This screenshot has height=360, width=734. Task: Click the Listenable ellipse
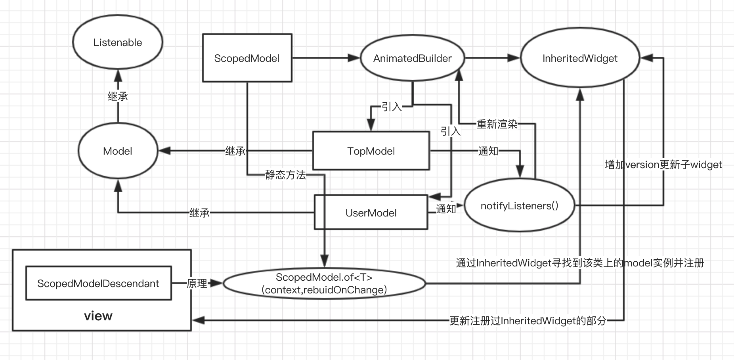(x=117, y=42)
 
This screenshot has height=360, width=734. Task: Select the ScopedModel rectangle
(x=247, y=58)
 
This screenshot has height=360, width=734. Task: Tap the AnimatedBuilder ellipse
(x=412, y=58)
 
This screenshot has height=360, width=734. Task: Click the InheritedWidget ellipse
(x=579, y=58)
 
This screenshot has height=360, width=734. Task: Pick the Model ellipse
(x=117, y=151)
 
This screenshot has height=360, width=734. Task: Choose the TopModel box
(x=371, y=151)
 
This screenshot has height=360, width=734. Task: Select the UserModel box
(x=371, y=213)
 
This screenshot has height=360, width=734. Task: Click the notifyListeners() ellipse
(x=519, y=206)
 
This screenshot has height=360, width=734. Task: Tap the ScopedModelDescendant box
(x=98, y=283)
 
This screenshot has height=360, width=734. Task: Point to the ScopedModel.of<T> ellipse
(x=324, y=283)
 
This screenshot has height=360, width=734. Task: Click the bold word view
(x=98, y=316)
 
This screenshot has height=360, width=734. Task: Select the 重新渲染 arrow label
(x=497, y=124)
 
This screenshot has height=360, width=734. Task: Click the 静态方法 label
(x=285, y=175)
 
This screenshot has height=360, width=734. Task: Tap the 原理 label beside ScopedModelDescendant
(x=197, y=283)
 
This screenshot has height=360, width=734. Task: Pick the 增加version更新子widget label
(x=663, y=165)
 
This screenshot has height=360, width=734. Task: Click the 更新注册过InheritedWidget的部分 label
(x=528, y=321)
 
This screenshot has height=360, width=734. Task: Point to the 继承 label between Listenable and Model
(x=118, y=96)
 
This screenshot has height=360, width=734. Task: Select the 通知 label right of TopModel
(x=488, y=151)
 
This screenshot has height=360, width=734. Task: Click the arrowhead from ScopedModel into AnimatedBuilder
(x=354, y=58)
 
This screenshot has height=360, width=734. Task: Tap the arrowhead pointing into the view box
(x=198, y=320)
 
